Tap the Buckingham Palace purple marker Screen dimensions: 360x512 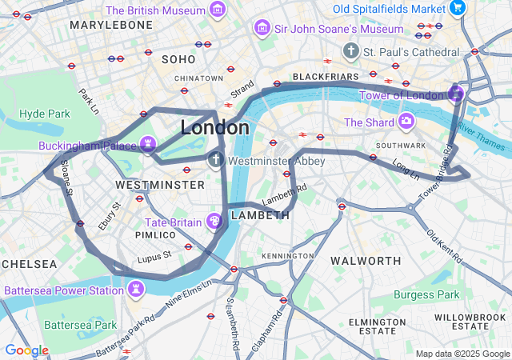click(147, 144)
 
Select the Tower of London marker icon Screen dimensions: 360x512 click(456, 94)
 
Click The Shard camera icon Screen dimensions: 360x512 click(406, 122)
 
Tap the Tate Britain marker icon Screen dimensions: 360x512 click(214, 220)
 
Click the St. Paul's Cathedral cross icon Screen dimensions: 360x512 click(350, 51)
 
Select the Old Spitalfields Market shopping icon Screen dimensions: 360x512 click(458, 9)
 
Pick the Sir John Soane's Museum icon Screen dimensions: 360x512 click(261, 29)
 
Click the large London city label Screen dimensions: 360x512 click(214, 128)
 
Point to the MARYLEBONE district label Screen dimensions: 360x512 click(110, 26)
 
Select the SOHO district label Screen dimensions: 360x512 click(178, 59)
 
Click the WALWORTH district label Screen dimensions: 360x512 click(366, 261)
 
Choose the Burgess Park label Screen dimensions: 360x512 click(426, 294)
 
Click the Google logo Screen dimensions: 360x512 click(26, 350)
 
